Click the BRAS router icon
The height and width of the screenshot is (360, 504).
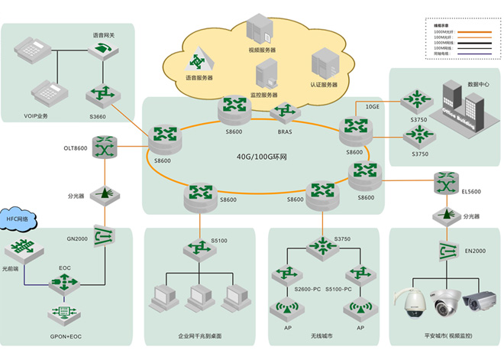coord(286,114)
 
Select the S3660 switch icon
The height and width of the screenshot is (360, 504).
coord(101,95)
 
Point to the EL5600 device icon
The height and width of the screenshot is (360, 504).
coord(444,183)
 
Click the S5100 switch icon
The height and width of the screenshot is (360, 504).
coord(194,248)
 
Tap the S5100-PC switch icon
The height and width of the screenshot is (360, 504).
coord(357,273)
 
